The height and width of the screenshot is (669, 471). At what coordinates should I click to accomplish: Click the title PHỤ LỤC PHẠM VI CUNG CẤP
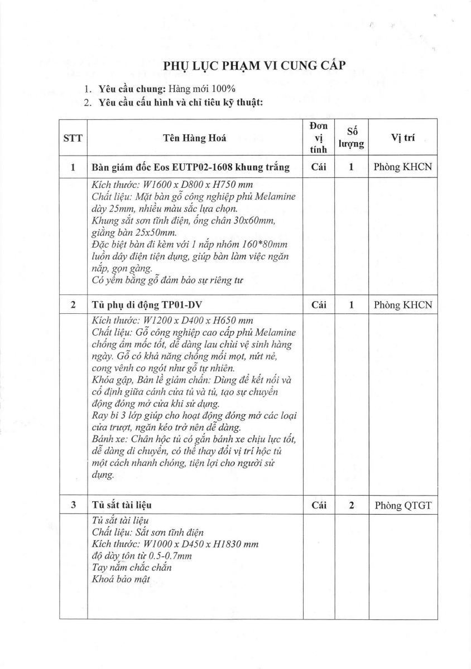point(254,66)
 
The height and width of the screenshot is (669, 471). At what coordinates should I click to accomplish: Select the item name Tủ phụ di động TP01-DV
point(138,305)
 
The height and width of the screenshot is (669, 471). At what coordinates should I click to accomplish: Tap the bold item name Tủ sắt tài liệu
point(122,505)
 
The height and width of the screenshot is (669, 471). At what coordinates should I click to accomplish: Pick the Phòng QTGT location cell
point(403,506)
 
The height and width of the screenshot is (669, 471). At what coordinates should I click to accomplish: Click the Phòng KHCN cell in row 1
point(403,167)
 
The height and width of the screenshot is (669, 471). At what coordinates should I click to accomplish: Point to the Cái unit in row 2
point(318,305)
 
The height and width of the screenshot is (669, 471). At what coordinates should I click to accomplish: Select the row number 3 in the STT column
point(73,505)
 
